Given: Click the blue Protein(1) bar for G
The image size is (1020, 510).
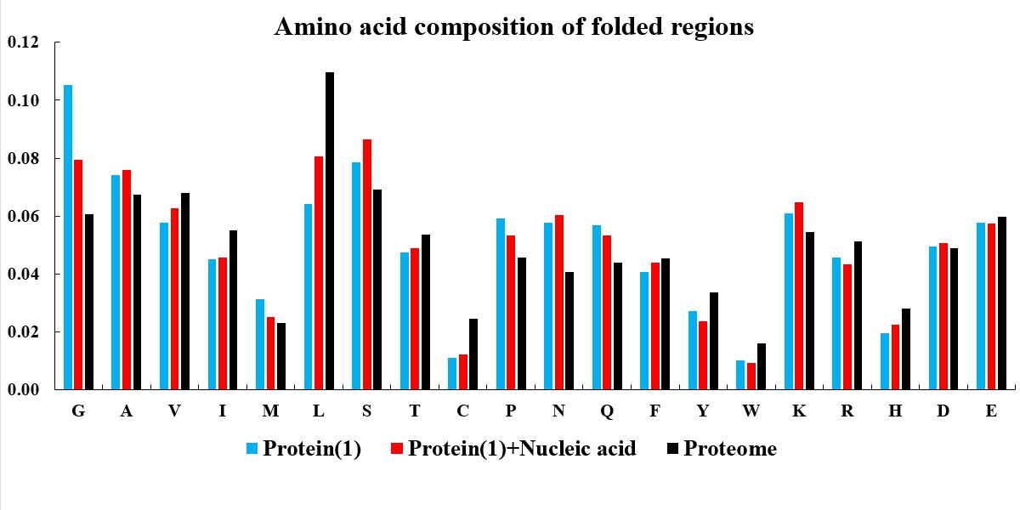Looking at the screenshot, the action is point(68,237).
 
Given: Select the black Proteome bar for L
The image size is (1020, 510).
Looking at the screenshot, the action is point(330,231).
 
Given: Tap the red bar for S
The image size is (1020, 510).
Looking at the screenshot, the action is point(367,264).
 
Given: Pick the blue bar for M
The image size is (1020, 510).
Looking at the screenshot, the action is point(260,344).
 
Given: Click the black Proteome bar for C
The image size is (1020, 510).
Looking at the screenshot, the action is point(473,354).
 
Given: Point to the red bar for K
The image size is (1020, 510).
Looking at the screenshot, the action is point(799,296).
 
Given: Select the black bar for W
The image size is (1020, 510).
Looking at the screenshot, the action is point(762,366).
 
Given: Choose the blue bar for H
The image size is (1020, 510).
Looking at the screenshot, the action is point(885,361).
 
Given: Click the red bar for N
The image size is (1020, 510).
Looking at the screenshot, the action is point(559,303).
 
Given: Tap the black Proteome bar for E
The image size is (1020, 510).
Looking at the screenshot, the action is point(1002,303).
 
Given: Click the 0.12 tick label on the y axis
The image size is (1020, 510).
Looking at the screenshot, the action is point(23,42).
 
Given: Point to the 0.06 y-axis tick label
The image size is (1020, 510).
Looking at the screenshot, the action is point(23,216).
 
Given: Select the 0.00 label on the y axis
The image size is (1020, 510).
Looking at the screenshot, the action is point(23,390).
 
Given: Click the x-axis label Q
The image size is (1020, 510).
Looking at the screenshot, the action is point(607,411).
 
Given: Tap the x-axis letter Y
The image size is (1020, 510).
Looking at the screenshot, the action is point(703,411).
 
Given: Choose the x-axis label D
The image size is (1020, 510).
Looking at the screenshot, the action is point(943,411).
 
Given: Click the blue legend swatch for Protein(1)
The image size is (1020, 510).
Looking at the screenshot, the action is point(252,449).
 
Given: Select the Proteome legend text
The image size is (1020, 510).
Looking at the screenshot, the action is point(730,449).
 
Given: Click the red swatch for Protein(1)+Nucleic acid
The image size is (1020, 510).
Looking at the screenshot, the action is point(397,449).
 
